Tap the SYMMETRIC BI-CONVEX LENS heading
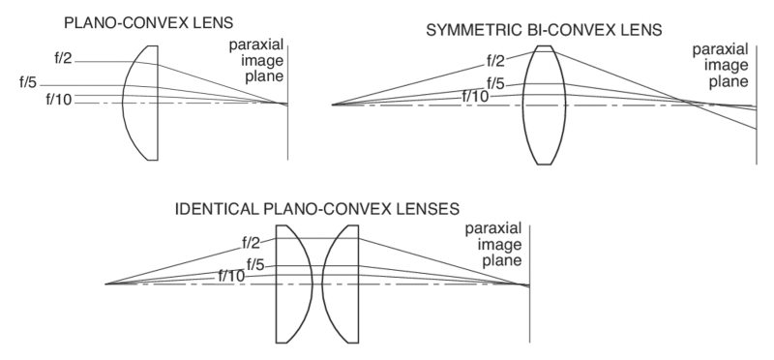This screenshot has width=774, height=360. [x=544, y=30]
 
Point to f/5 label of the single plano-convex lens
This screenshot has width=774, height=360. [x=29, y=81]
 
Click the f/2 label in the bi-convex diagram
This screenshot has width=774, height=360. [x=497, y=60]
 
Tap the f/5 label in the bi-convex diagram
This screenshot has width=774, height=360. [x=495, y=82]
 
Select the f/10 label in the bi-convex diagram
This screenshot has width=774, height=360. [x=474, y=95]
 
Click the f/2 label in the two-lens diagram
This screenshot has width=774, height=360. [x=251, y=242]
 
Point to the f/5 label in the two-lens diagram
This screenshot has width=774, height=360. [x=255, y=263]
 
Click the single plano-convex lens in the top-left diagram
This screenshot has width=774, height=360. [x=142, y=102]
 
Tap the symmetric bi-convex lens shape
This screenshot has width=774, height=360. [x=545, y=105]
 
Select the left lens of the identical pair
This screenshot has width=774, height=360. [x=291, y=284]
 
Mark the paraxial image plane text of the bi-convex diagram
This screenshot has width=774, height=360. [x=715, y=67]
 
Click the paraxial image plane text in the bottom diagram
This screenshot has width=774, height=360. [x=494, y=245]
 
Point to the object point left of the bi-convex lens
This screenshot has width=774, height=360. [x=334, y=105]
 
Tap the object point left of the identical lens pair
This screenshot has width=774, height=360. [x=105, y=284]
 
